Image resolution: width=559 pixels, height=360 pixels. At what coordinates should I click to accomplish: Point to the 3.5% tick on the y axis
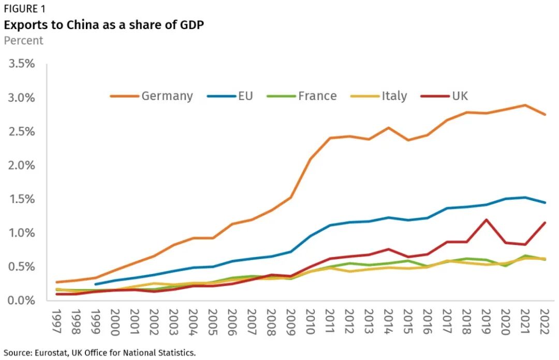point(20,64)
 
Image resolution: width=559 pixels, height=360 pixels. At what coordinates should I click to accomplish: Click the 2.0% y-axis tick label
point(20,165)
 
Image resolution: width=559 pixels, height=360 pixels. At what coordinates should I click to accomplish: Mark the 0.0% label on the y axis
point(20,300)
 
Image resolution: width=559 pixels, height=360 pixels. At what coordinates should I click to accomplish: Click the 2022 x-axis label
point(545,322)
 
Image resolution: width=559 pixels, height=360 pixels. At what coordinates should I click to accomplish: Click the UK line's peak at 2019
point(486,220)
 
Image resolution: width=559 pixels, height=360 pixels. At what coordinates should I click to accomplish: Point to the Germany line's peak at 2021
point(525,105)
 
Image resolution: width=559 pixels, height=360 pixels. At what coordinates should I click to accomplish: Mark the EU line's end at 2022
point(545,203)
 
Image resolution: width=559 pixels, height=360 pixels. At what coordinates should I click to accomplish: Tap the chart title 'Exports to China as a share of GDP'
point(104,25)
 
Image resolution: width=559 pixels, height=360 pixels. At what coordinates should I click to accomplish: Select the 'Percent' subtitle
point(24,40)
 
